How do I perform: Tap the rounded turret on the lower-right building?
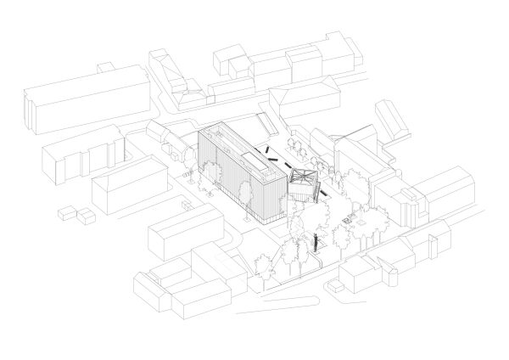pyautogui.click(x=392, y=276)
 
